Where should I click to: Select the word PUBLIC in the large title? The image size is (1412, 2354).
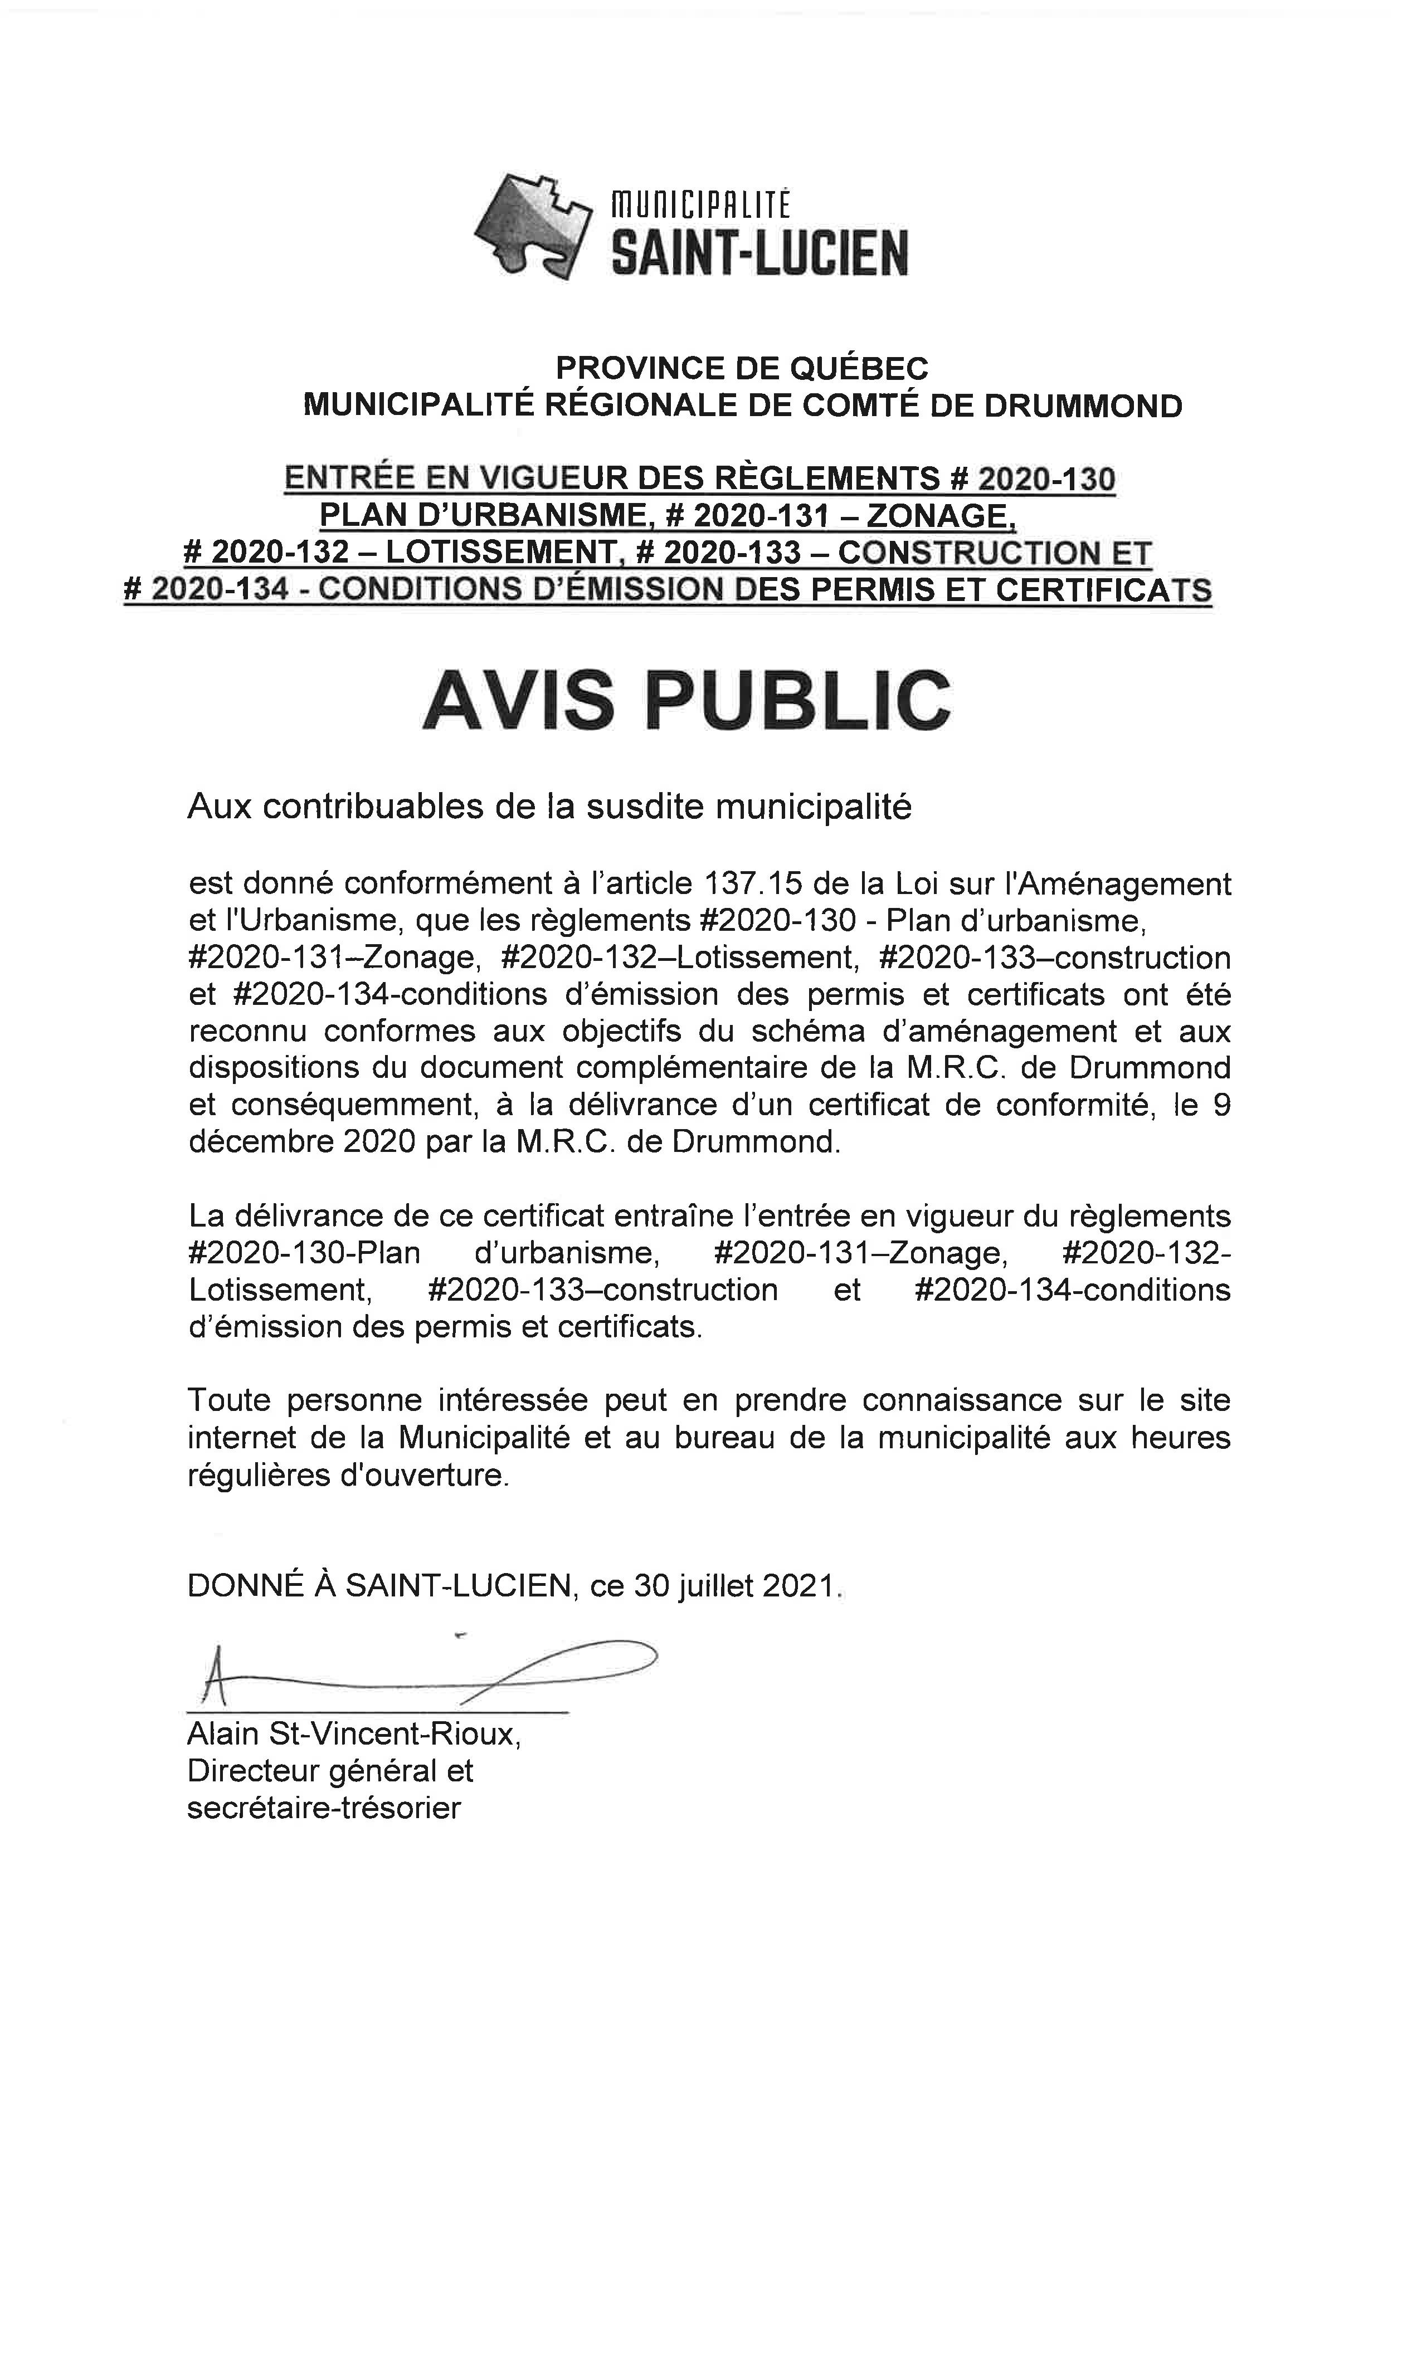[x=797, y=701]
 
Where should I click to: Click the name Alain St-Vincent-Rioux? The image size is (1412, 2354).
[x=353, y=1734]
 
